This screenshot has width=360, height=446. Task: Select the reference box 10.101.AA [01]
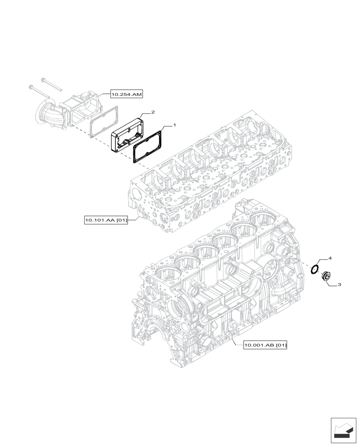pyautogui.click(x=106, y=220)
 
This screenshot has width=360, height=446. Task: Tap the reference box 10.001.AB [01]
pyautogui.click(x=266, y=345)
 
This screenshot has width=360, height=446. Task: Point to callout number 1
pyautogui.click(x=175, y=126)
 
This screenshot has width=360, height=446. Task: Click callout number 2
pyautogui.click(x=152, y=112)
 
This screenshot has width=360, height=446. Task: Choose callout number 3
pyautogui.click(x=339, y=284)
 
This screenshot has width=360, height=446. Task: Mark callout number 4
pyautogui.click(x=330, y=258)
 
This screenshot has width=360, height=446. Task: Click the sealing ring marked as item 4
pyautogui.click(x=315, y=269)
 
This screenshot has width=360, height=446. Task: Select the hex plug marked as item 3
pyautogui.click(x=326, y=277)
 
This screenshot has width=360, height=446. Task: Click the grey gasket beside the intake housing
pyautogui.click(x=104, y=120)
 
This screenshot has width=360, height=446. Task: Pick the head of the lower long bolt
pyautogui.click(x=30, y=86)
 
